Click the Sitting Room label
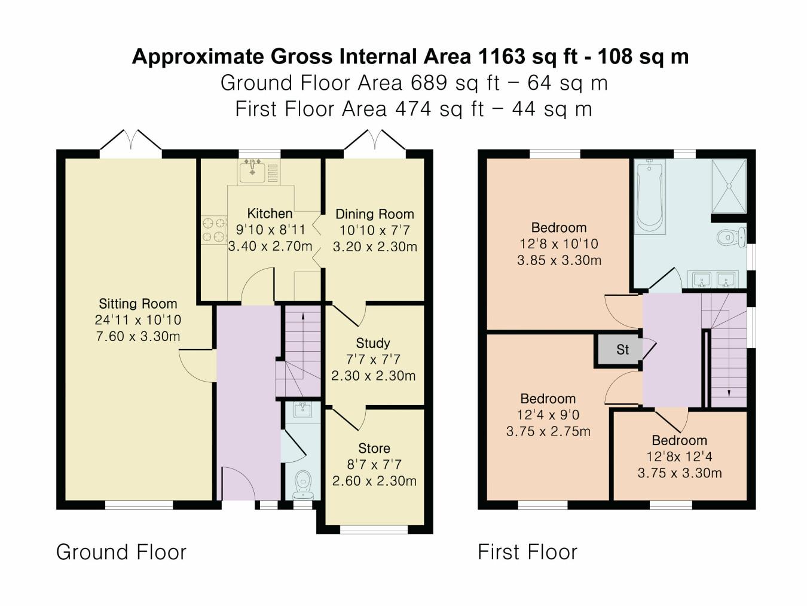coord(137,303)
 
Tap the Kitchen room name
coord(270,214)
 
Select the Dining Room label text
coord(374,214)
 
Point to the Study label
coord(373,343)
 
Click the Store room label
coord(374,448)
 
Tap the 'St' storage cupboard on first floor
coord(622,350)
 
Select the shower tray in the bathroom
coord(729,185)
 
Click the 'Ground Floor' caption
coord(121,552)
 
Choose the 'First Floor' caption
coord(527,552)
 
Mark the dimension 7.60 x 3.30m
coord(137,336)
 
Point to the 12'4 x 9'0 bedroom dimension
coord(548,415)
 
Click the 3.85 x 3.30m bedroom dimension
coord(559,260)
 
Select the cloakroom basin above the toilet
coord(302,409)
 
